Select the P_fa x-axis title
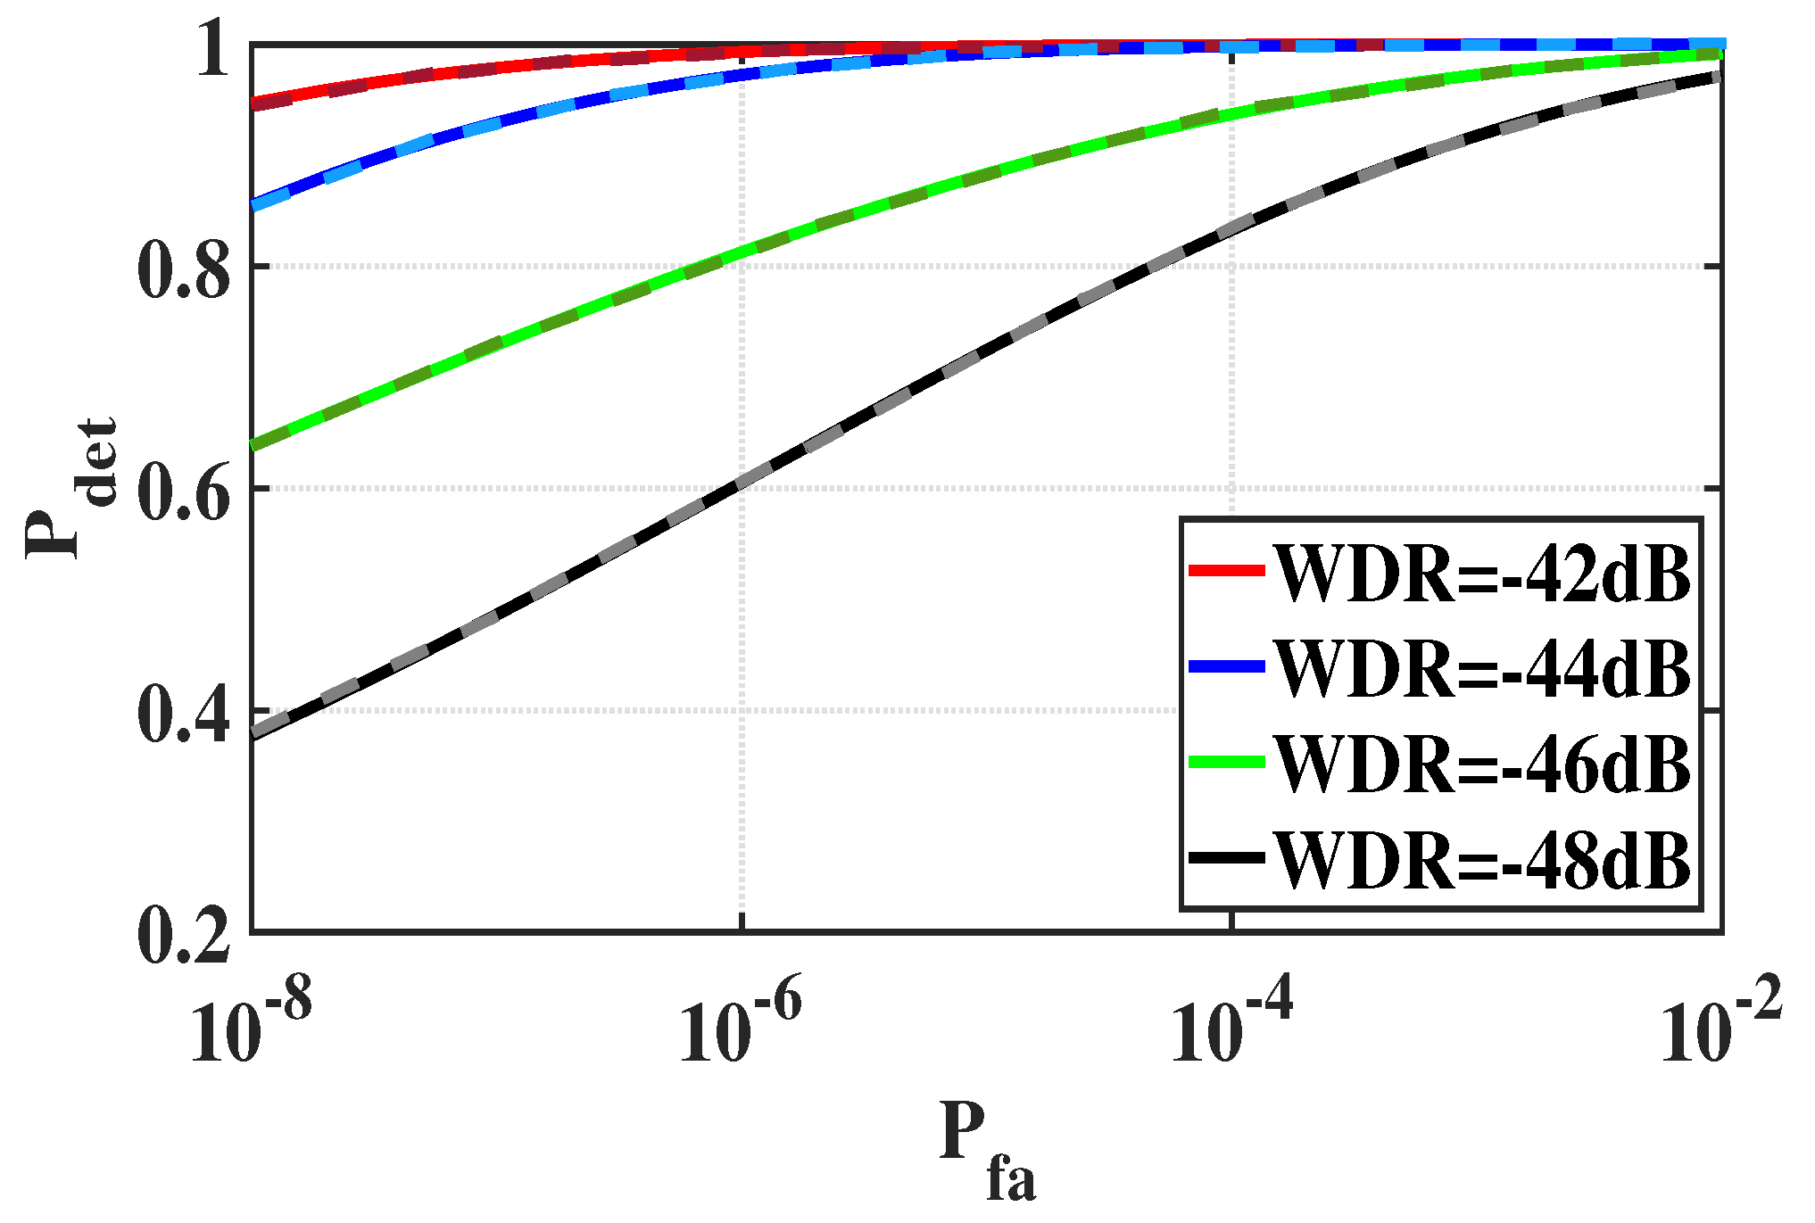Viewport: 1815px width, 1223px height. tap(987, 1151)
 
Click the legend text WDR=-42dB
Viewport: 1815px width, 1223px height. tap(1482, 573)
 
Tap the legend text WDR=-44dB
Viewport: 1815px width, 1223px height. tap(1482, 668)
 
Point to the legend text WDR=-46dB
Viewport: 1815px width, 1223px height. tap(1482, 764)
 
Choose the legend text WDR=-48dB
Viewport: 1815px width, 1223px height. tap(1482, 859)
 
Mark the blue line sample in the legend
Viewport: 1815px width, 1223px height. tap(1227, 666)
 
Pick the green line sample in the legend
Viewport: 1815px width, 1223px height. tap(1227, 762)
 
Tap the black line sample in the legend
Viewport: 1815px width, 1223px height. tap(1227, 857)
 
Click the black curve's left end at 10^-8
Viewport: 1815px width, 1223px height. tap(254, 733)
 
